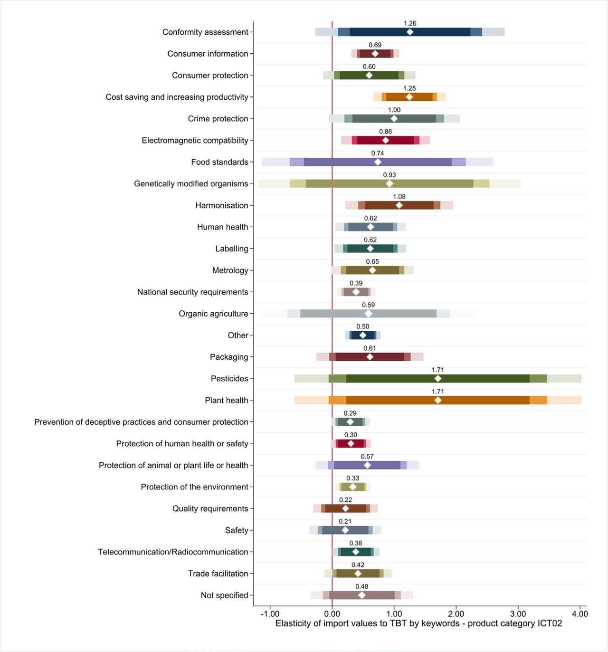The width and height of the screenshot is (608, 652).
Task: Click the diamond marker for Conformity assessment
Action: click(410, 32)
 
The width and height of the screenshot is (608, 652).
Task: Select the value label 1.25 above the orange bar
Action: click(409, 88)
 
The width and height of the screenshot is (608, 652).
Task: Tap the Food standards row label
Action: click(219, 162)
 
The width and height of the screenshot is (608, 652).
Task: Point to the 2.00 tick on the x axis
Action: click(456, 614)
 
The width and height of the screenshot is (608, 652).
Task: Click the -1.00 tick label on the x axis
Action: click(270, 614)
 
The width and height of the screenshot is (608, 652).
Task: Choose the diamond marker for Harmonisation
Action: click(399, 205)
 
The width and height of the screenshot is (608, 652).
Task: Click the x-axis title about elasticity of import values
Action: click(418, 623)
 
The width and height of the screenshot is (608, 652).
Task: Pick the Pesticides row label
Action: click(229, 379)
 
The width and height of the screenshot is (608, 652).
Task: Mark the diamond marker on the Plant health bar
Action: click(438, 400)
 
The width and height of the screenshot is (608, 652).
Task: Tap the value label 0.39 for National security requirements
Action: click(356, 283)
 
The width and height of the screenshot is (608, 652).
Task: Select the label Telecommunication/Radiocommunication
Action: click(173, 552)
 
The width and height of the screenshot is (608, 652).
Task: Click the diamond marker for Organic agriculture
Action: click(368, 314)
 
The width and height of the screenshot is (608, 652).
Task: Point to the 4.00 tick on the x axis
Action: click(580, 614)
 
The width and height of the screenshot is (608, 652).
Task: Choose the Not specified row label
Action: click(224, 595)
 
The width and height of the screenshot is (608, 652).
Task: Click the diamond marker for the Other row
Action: click(363, 335)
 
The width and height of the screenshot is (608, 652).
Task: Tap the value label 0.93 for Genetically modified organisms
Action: click(389, 175)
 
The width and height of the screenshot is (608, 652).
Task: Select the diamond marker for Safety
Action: click(345, 530)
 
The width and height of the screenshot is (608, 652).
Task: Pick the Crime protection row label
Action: click(218, 119)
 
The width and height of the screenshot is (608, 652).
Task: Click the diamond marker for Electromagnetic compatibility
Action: click(386, 140)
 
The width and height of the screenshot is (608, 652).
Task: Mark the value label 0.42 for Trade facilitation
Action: click(358, 565)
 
